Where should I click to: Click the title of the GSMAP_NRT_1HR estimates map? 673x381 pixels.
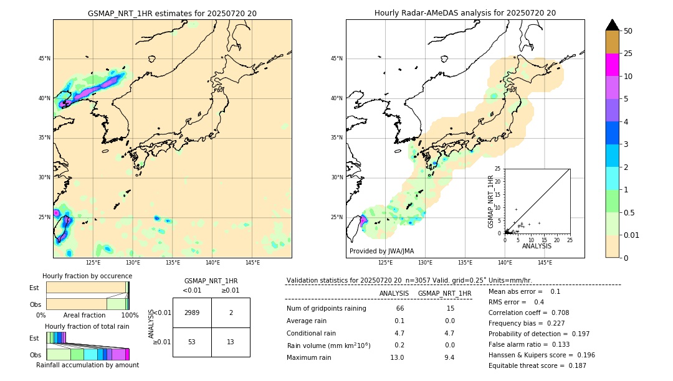tap(172, 13)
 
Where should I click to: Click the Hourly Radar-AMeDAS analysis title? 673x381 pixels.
tap(465, 13)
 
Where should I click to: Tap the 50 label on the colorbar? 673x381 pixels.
tap(628, 31)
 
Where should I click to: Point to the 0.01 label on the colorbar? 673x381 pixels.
tap(632, 235)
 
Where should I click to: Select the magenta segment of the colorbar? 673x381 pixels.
tap(612, 65)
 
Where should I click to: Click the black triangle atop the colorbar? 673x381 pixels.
tap(612, 25)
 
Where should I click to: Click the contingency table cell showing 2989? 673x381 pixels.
tap(192, 313)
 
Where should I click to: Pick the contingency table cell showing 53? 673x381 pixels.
tap(192, 342)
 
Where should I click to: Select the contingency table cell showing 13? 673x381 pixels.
tap(231, 342)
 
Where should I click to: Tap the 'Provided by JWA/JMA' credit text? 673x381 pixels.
tap(381, 251)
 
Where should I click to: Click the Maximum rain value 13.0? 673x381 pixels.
tap(397, 357)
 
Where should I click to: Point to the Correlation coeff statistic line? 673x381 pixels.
tap(528, 313)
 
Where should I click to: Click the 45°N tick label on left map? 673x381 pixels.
tap(44, 59)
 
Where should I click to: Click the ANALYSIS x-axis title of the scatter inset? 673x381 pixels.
tap(537, 246)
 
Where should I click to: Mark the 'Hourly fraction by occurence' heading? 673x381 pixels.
tap(87, 276)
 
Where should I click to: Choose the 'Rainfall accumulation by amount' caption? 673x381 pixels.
tap(87, 365)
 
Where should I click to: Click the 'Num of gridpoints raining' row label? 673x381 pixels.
tap(326, 308)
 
